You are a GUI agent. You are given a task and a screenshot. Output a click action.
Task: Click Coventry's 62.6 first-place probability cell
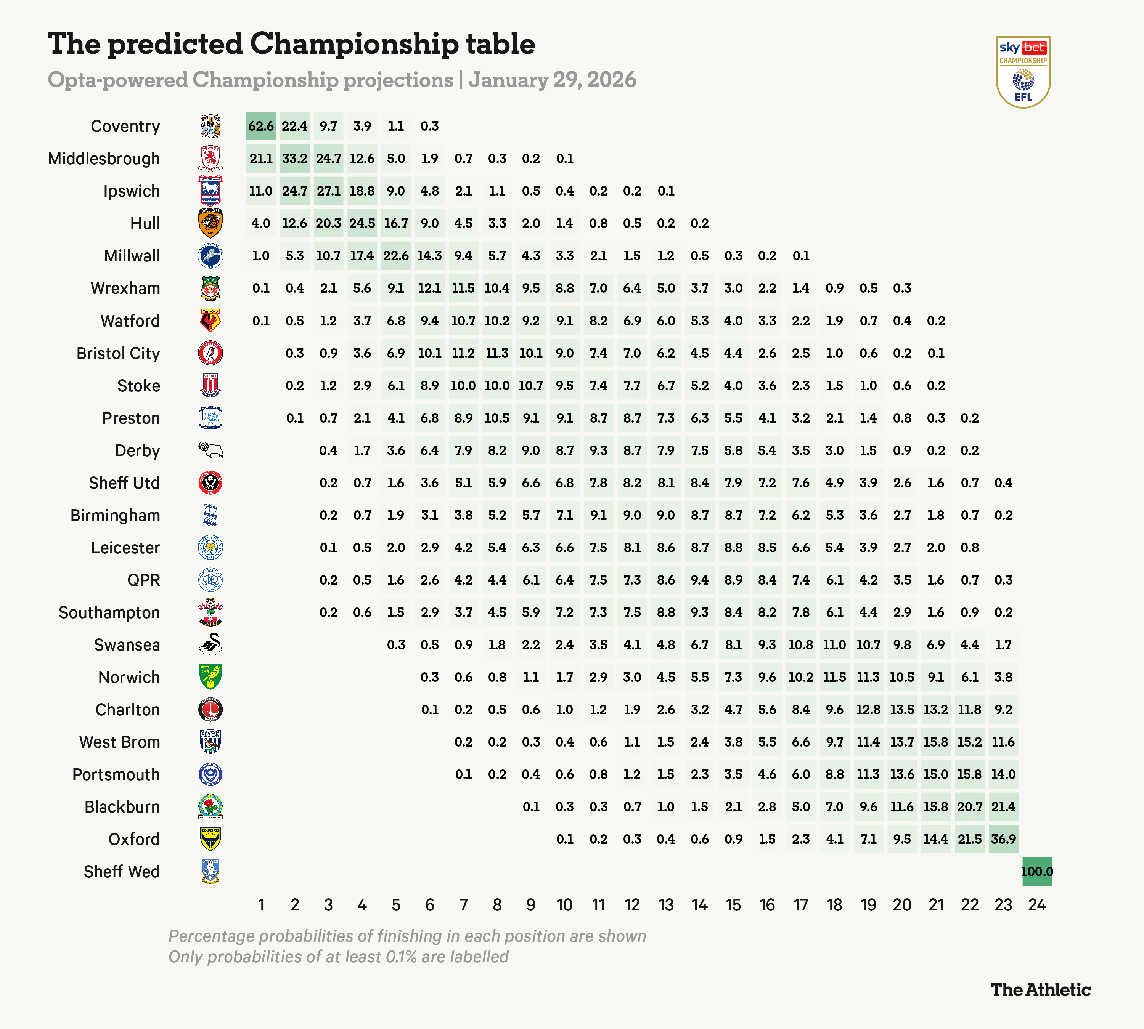(x=261, y=126)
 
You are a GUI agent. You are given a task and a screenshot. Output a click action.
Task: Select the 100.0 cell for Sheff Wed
(x=1036, y=871)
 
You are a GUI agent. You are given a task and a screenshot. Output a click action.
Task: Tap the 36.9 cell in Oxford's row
(x=1003, y=839)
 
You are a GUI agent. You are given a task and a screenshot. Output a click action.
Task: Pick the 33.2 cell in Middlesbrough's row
(x=294, y=158)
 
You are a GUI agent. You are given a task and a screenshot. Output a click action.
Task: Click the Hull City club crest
(x=210, y=223)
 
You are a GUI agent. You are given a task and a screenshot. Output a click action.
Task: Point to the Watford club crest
(x=210, y=321)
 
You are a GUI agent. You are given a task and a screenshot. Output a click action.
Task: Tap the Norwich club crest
(x=210, y=677)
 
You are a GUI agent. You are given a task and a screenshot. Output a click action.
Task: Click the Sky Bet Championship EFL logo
(x=1023, y=72)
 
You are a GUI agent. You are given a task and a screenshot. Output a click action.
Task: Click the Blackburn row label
(x=122, y=807)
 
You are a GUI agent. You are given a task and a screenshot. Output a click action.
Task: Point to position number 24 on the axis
(x=1036, y=905)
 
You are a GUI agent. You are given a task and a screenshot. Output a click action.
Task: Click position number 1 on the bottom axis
(x=261, y=905)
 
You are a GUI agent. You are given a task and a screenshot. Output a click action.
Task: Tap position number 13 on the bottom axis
(x=666, y=905)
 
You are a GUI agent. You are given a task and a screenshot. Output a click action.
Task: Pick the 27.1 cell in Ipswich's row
(x=328, y=191)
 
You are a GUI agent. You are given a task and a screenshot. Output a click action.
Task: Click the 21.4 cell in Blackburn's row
(x=1003, y=807)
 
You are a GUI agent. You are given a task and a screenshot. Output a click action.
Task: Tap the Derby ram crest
(x=210, y=450)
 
